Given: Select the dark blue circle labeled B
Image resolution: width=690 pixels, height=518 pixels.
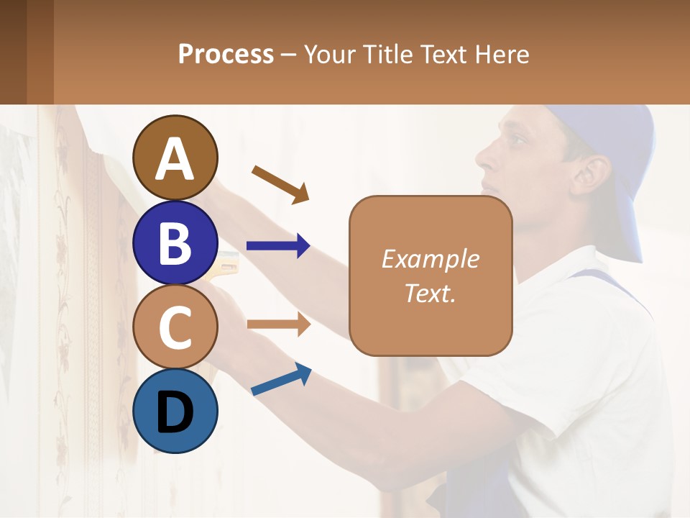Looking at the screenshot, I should click(175, 242).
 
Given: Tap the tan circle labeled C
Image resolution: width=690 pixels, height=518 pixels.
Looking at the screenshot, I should click(175, 327).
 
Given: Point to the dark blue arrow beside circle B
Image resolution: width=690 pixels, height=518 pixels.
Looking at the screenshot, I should click(278, 246).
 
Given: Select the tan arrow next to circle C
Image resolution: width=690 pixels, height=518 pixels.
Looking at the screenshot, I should click(278, 324).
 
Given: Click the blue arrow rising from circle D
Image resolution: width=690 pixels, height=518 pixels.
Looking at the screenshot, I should click(281, 380).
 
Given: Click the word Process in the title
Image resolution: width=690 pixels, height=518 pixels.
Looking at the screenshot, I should click(226, 54).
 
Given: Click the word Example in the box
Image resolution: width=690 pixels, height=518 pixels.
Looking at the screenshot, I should click(430, 259).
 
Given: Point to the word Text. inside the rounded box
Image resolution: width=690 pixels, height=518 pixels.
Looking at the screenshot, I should click(430, 293).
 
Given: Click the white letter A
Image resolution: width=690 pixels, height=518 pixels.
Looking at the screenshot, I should click(175, 160).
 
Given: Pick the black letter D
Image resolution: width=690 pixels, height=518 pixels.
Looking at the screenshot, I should click(175, 412).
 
